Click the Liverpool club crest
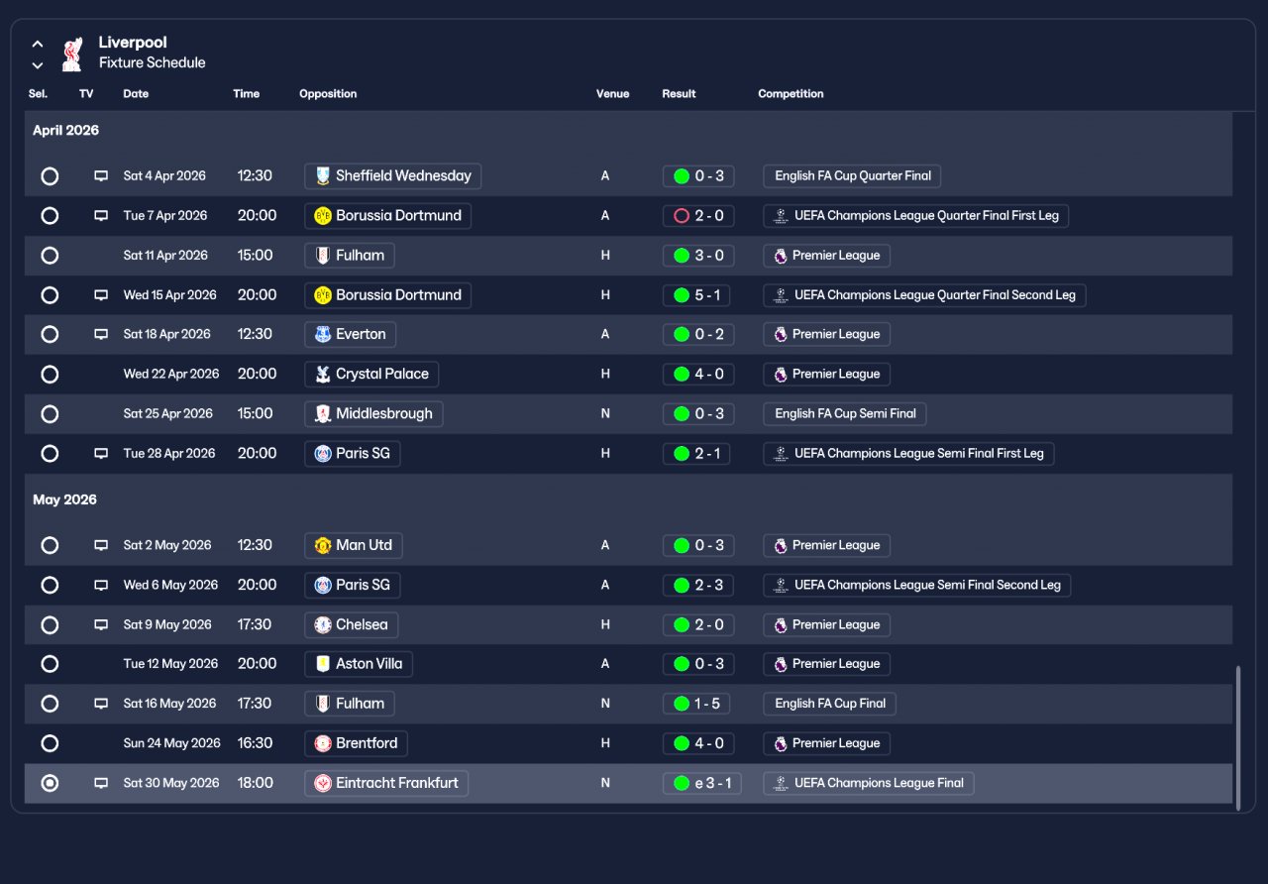pyautogui.click(x=72, y=55)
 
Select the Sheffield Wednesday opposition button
pyautogui.click(x=392, y=176)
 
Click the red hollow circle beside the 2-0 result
pyautogui.click(x=682, y=216)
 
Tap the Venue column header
pyautogui.click(x=612, y=94)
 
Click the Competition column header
pyautogui.click(x=791, y=94)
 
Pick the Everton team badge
pyautogui.click(x=323, y=335)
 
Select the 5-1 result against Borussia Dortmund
pyautogui.click(x=696, y=295)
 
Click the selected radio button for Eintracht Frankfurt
pyautogui.click(x=50, y=783)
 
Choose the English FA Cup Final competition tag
pyautogui.click(x=829, y=704)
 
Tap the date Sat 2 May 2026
pyautogui.click(x=167, y=545)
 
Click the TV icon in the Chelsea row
pyautogui.click(x=101, y=624)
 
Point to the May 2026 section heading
pyautogui.click(x=64, y=499)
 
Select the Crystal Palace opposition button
pyautogui.click(x=371, y=375)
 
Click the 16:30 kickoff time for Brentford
pyautogui.click(x=255, y=743)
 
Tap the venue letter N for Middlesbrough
pyautogui.click(x=605, y=414)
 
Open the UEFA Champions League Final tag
pyautogui.click(x=869, y=783)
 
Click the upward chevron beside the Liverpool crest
pyautogui.click(x=38, y=44)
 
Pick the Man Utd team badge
pyautogui.click(x=323, y=545)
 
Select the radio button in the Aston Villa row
pyautogui.click(x=50, y=664)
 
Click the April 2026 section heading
pyautogui.click(x=65, y=130)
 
